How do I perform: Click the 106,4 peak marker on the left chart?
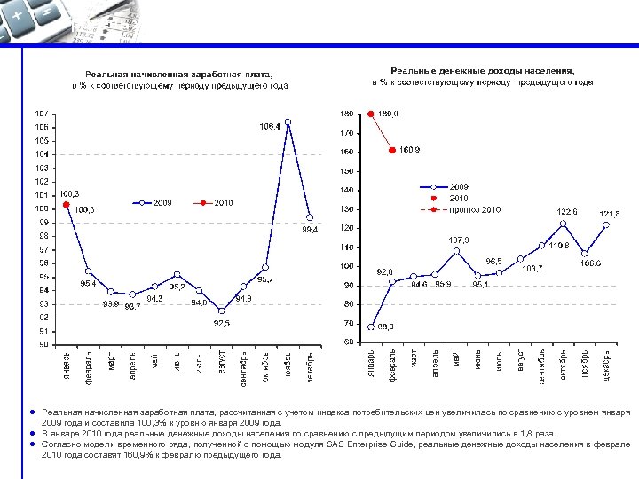[x=288, y=122]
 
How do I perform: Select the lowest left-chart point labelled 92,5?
[x=221, y=310]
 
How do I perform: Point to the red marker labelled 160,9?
[x=392, y=151]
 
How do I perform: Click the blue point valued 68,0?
[x=371, y=326]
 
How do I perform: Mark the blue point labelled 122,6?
[x=563, y=224]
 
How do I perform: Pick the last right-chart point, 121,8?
[x=605, y=225]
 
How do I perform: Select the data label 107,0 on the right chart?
[x=459, y=239]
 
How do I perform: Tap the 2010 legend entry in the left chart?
[x=223, y=203]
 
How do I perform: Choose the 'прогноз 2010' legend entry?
[x=480, y=209]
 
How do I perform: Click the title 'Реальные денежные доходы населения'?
[x=482, y=70]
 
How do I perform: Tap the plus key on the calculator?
[x=18, y=15]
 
